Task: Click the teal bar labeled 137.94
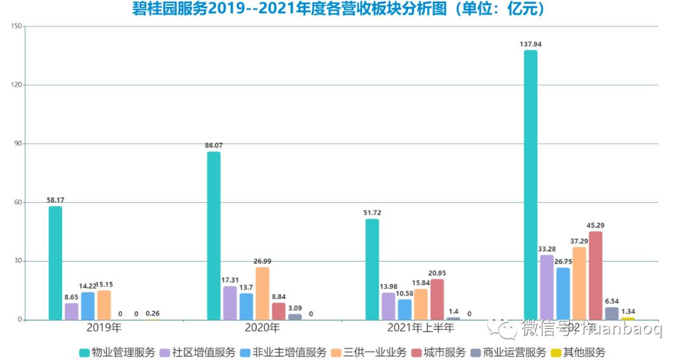coord(530,184)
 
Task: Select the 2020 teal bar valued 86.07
coord(214,236)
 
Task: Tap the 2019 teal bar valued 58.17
coord(55,263)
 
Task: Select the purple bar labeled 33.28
coord(547,287)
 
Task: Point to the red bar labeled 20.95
coord(437,299)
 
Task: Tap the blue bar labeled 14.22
coord(88,305)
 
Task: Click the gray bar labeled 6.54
coord(611,313)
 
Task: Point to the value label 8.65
coord(72,296)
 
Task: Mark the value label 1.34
coord(628,311)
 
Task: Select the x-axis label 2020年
coord(262,328)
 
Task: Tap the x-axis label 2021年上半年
coord(421,328)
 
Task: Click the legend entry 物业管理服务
coord(117,352)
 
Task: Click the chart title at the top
coord(339,10)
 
